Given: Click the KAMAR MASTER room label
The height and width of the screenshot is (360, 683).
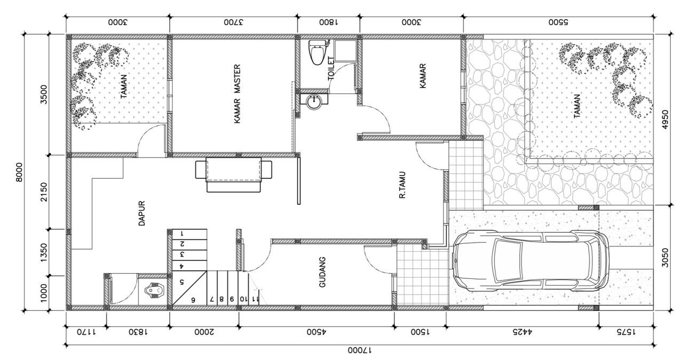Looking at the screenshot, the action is [237, 94].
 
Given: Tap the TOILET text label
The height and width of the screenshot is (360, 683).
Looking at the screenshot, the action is [331, 68].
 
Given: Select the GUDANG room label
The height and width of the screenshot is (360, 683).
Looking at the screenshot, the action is [322, 272].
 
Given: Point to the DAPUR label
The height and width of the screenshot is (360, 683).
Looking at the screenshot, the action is [142, 213].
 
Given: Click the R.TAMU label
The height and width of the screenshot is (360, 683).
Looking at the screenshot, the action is [402, 185].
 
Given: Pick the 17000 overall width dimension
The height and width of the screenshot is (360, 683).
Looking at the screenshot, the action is [360, 350].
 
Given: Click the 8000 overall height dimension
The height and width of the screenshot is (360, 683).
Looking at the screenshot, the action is [19, 172].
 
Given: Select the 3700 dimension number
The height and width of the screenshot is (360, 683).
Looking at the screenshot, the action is [234, 22].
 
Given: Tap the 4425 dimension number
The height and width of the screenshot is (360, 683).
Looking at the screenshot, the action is [522, 332].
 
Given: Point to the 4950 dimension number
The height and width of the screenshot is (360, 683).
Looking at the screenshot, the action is [665, 119].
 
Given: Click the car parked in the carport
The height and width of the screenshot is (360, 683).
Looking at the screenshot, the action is [531, 261].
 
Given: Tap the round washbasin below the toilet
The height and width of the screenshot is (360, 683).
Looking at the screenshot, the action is [314, 101].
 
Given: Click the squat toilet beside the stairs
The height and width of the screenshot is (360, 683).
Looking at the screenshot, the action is [155, 291].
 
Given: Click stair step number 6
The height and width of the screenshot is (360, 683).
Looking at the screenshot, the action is [193, 300].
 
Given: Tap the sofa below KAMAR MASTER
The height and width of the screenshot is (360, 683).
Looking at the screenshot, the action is [234, 174].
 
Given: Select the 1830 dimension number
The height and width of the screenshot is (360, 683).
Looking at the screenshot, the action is [138, 332].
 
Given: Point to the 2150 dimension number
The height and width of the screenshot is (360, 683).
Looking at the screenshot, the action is [44, 192].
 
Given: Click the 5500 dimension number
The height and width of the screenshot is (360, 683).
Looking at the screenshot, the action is [559, 22].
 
